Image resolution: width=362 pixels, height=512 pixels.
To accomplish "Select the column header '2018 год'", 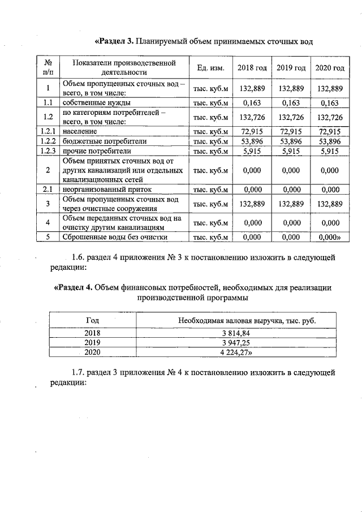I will coord(252,67).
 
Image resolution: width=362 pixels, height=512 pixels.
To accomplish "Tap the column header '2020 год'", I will coord(329,67).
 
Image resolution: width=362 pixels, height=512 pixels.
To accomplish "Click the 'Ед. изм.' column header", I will coord(210,67).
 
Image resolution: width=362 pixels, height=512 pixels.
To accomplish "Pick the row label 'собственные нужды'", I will coord(97,103).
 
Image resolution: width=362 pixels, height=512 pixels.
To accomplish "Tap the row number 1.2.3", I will coord(48,151).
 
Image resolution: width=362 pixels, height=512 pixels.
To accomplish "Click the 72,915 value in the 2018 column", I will coord(252,131).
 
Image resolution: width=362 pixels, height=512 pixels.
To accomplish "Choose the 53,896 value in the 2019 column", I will coord(291,141).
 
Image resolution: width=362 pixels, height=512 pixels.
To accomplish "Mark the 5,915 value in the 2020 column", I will coord(329,151).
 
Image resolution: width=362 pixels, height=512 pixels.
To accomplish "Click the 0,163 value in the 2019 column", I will coord(291,103).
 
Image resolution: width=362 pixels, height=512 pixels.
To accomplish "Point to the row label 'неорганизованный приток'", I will coord(107,190).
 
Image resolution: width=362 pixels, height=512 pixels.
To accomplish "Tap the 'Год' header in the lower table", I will coord(92,320).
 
